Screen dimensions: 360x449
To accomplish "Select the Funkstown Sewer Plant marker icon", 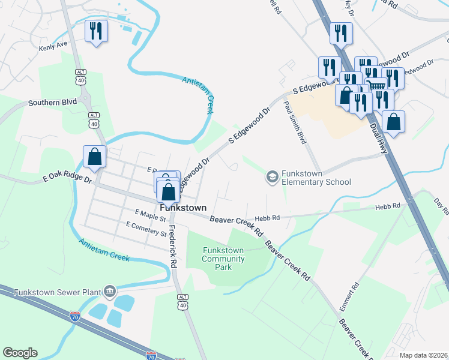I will pyautogui.click(x=109, y=292).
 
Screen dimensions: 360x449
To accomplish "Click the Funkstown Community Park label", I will pyautogui.click(x=223, y=259).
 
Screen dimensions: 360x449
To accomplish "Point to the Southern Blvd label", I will pyautogui.click(x=52, y=103).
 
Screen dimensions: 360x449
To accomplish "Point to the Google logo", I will pyautogui.click(x=20, y=353).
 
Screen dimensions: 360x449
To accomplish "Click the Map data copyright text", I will pyautogui.click(x=423, y=355).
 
